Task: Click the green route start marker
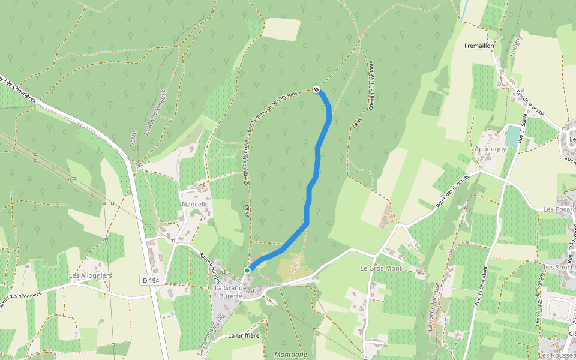247,271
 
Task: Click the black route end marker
316,90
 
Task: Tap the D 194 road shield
152,280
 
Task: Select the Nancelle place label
195,205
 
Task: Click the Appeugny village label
490,149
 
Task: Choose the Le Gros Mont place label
380,268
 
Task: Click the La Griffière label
243,336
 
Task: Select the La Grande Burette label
229,292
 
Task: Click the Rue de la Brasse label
529,103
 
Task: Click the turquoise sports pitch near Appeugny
513,136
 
